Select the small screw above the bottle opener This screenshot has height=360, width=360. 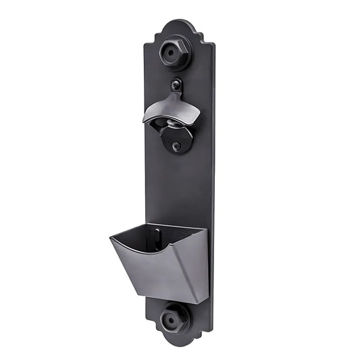(x=177, y=86)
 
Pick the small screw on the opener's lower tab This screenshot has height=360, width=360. (x=177, y=146)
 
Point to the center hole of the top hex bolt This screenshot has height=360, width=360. (x=178, y=53)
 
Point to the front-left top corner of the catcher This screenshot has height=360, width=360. (x=111, y=236)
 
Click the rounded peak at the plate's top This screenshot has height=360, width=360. (x=180, y=22)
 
